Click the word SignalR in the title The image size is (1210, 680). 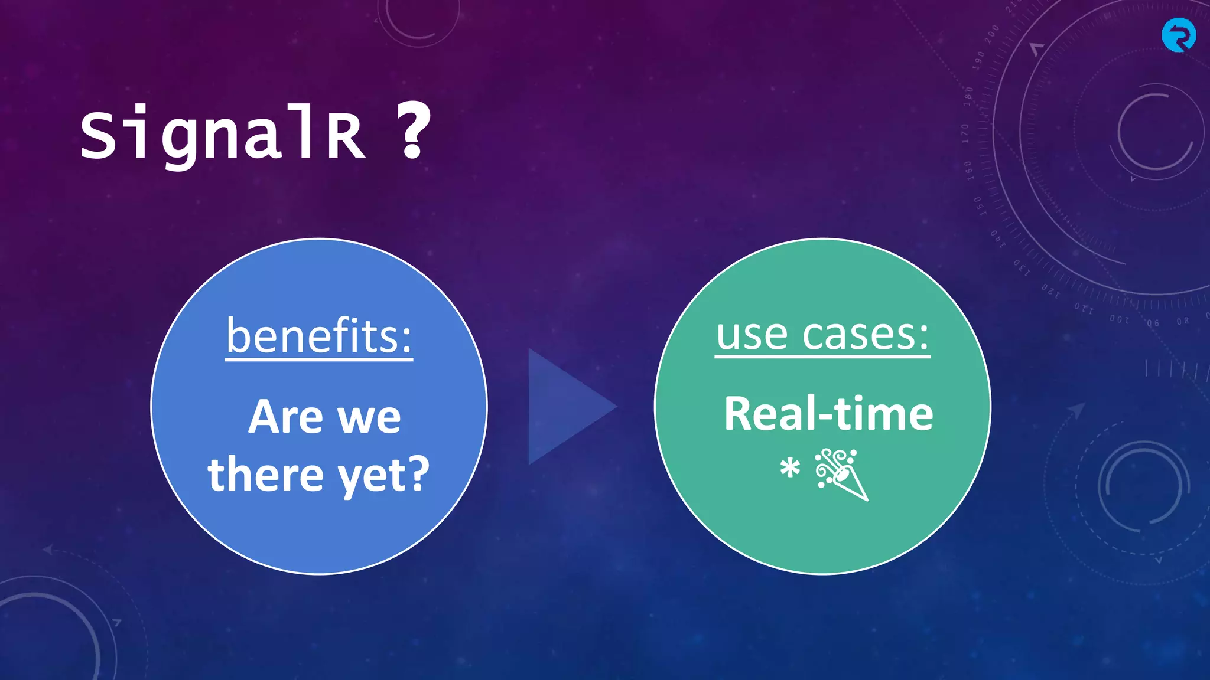[223, 135]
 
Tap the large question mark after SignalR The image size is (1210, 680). [413, 130]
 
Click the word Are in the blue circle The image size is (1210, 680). [286, 417]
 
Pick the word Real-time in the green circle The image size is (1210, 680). [828, 414]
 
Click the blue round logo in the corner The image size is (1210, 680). [1179, 35]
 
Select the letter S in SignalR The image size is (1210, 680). [98, 135]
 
